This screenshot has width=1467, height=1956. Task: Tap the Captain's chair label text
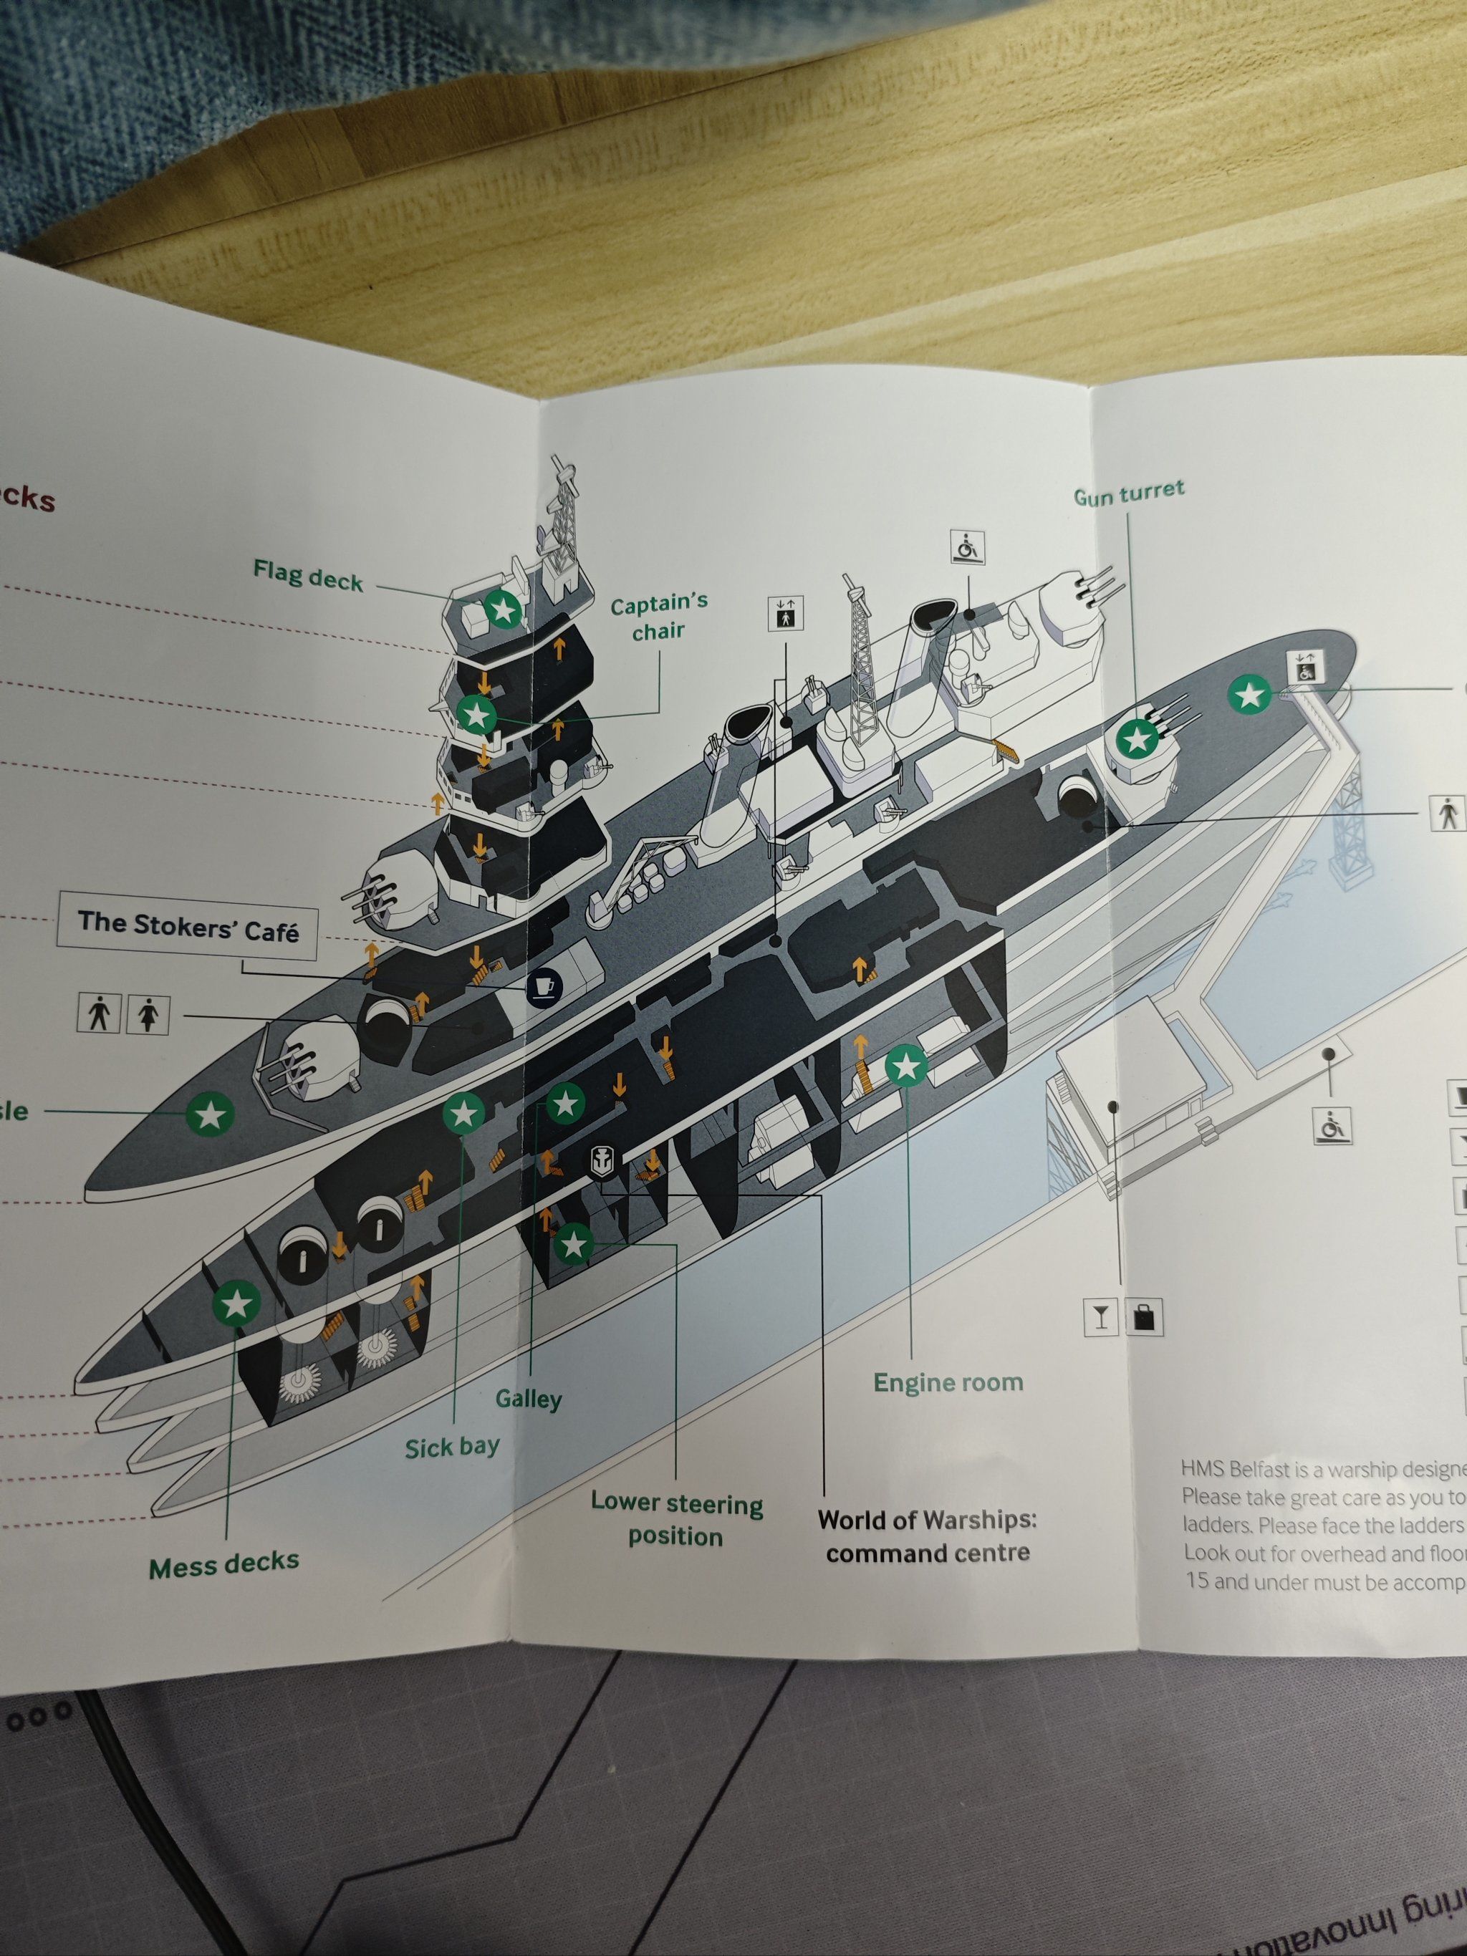click(659, 617)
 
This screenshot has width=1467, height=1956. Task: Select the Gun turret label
click(1128, 493)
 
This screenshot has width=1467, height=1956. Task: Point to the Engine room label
click(948, 1383)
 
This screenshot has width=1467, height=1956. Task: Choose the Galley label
click(528, 1399)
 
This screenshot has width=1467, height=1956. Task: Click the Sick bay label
click(452, 1447)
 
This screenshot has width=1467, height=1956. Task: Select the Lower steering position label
click(676, 1518)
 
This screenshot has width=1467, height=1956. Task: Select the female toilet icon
click(148, 1014)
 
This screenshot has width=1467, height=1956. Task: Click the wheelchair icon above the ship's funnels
click(968, 546)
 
